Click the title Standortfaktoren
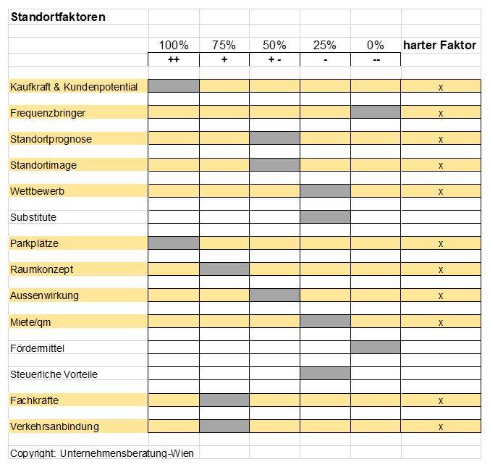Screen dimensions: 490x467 (x=58, y=17)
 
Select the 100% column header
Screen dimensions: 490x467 (x=174, y=46)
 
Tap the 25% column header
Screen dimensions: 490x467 (x=325, y=46)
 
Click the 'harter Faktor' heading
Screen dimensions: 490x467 (x=439, y=46)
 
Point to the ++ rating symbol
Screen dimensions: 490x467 (x=174, y=59)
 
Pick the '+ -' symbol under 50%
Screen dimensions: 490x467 (x=275, y=59)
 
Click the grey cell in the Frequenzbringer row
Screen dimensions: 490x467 (x=376, y=112)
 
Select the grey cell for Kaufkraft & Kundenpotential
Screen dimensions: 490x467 (x=174, y=85)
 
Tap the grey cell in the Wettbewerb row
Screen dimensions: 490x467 (x=325, y=190)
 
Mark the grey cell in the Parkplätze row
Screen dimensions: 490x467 (x=174, y=243)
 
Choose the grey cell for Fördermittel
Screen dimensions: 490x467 (x=376, y=348)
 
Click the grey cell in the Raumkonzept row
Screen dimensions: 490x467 (x=224, y=269)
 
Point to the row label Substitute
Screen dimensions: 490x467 (x=33, y=217)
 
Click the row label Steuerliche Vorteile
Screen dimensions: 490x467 (x=54, y=374)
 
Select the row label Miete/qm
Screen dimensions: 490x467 (x=30, y=322)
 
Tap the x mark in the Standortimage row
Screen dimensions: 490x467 (x=441, y=165)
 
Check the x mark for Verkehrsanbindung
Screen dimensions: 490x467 (x=441, y=426)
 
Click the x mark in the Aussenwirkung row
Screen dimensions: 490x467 (x=441, y=295)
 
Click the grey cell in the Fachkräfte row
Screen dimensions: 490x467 (x=224, y=400)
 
